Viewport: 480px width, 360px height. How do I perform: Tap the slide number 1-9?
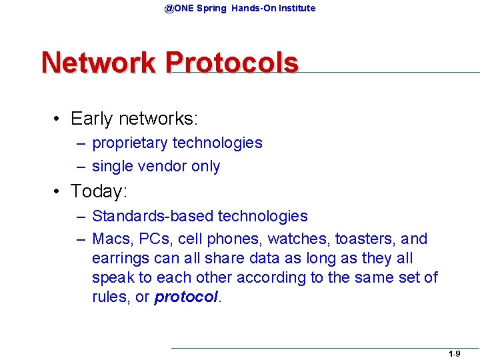454,354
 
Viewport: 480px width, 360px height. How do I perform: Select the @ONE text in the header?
179,8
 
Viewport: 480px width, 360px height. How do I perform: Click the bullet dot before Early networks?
59,119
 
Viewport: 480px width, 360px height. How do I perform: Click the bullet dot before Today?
59,192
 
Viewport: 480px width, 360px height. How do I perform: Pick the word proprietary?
130,143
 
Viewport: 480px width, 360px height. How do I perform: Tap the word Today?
99,191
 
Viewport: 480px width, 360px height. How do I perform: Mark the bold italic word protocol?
185,297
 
